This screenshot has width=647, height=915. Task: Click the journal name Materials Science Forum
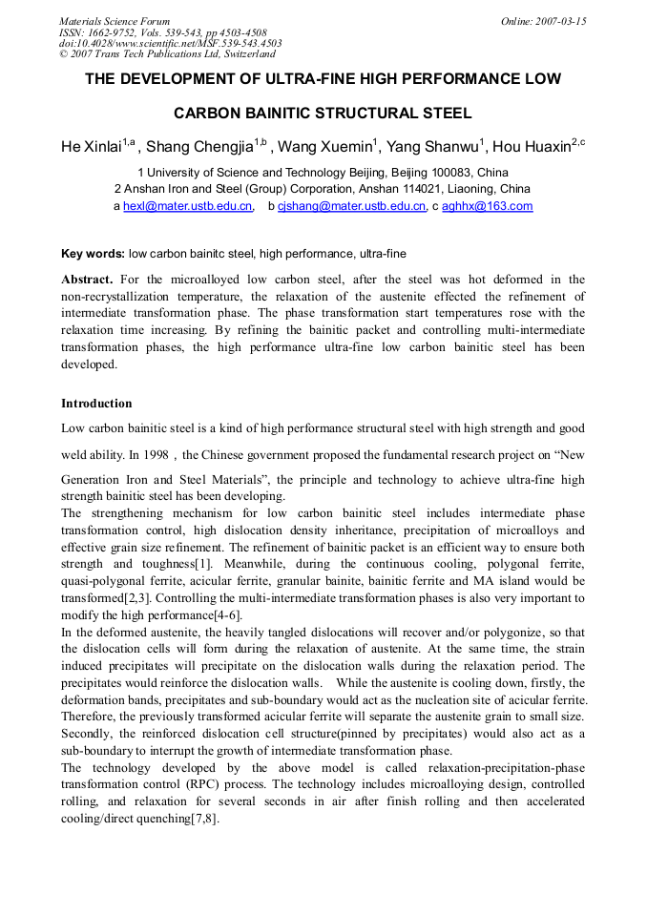[x=115, y=21]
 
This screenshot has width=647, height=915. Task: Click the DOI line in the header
[x=170, y=43]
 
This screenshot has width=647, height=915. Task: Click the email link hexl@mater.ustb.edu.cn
[x=188, y=206]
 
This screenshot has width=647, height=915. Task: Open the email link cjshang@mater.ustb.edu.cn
[x=351, y=206]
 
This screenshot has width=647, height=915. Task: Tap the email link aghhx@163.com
[x=487, y=206]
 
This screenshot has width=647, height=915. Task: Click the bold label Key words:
[x=93, y=254]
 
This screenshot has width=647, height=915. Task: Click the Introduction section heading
[x=96, y=403]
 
